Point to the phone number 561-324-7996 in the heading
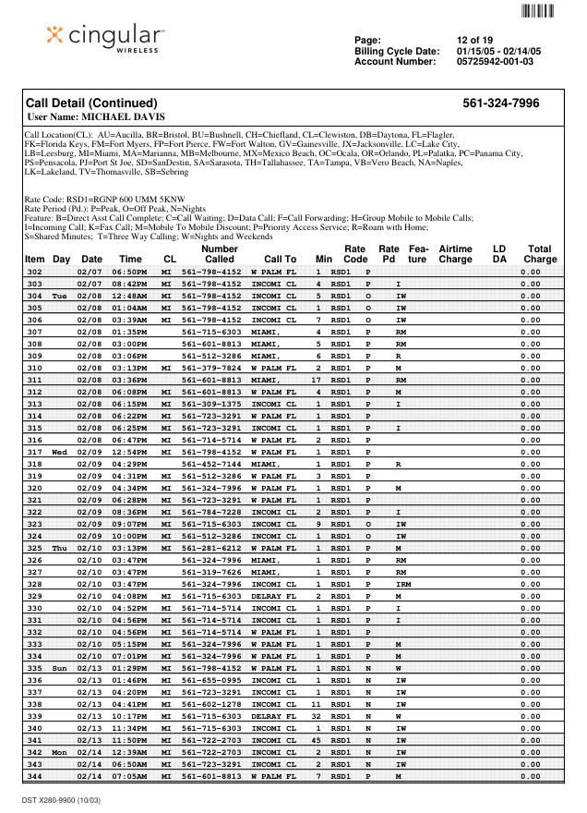click(501, 103)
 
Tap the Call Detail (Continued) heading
click(91, 103)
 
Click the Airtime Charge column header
click(455, 254)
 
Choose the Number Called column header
click(219, 254)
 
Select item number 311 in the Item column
click(35, 380)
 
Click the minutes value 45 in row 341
click(317, 740)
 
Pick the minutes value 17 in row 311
click(317, 380)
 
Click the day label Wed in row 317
click(60, 452)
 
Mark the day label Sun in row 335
click(60, 668)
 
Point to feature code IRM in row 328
click(403, 584)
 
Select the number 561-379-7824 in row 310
click(211, 368)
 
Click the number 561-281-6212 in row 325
click(211, 548)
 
